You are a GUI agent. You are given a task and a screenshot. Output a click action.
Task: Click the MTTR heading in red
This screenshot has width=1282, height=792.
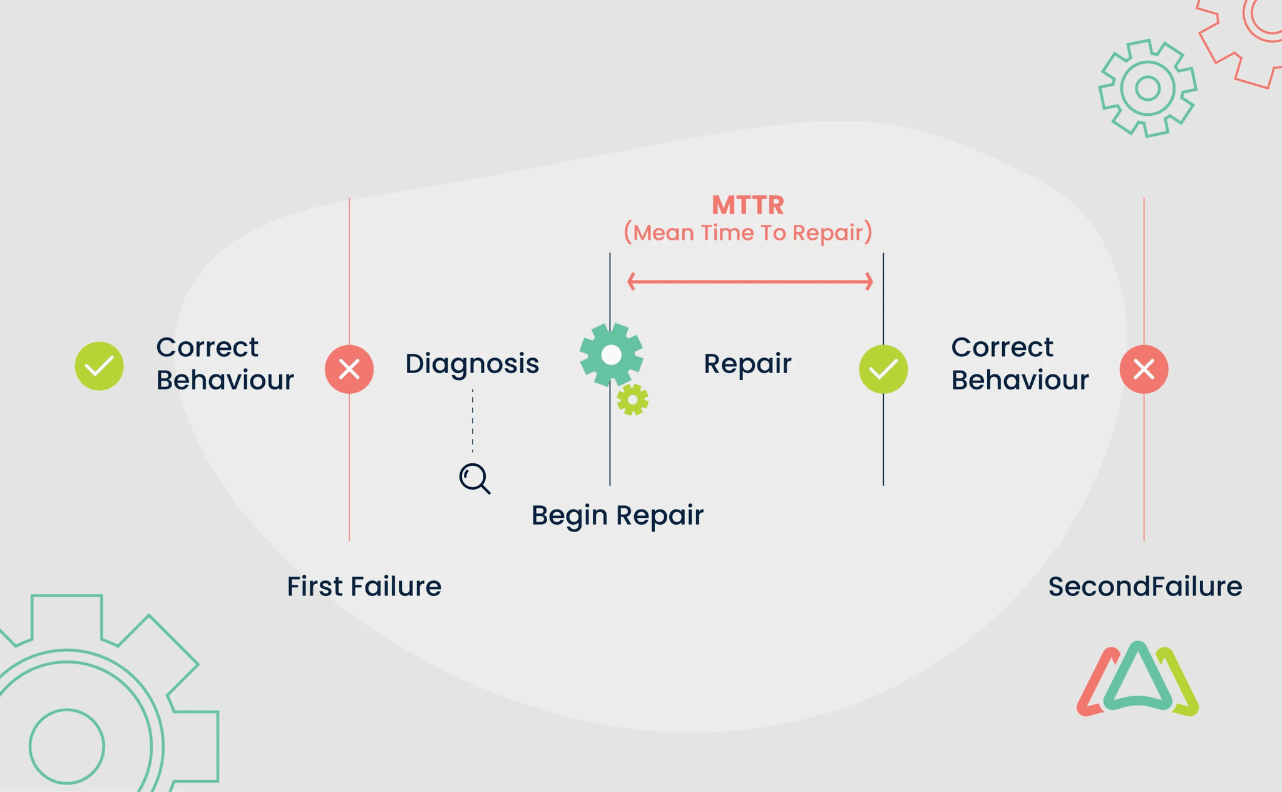click(x=747, y=205)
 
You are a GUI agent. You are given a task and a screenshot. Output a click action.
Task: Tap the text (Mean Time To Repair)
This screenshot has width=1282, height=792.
click(x=747, y=233)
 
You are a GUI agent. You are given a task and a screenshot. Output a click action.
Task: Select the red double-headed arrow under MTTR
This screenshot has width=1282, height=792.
click(x=750, y=282)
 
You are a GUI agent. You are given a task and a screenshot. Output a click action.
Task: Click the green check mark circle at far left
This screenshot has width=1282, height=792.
click(x=99, y=366)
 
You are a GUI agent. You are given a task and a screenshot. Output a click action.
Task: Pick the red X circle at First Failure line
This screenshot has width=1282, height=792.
click(x=349, y=369)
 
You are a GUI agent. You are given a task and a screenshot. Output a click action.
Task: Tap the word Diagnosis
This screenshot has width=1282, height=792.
click(x=472, y=364)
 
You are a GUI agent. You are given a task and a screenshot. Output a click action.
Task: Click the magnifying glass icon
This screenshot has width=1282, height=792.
click(x=474, y=478)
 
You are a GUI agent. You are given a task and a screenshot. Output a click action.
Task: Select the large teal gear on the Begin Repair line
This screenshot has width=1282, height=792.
click(x=611, y=355)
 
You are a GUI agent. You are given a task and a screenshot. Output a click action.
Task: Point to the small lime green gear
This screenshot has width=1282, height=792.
click(x=632, y=399)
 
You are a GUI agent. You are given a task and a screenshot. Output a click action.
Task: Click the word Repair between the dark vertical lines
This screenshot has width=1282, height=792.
click(x=747, y=364)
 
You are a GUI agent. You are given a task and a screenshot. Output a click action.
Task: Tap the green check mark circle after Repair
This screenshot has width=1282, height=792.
click(x=883, y=369)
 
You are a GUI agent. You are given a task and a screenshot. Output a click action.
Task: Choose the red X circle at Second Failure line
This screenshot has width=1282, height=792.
click(x=1144, y=369)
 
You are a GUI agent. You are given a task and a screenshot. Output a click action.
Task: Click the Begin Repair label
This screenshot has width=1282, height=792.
click(x=617, y=515)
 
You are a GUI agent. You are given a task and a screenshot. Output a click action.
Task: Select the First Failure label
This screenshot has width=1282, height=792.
click(x=364, y=587)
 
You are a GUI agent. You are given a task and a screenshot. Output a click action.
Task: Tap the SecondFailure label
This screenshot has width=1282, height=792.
click(x=1145, y=587)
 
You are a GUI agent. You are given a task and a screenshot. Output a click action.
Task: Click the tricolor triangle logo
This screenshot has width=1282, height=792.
click(x=1137, y=681)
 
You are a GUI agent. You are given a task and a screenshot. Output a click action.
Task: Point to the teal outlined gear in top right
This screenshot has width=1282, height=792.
click(x=1147, y=88)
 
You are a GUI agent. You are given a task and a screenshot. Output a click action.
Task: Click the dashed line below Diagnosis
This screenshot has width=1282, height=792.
click(x=473, y=421)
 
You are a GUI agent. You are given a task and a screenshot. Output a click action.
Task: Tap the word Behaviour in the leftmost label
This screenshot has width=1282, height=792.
click(x=225, y=380)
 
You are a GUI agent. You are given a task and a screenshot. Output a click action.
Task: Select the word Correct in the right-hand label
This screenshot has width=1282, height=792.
click(x=1002, y=347)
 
